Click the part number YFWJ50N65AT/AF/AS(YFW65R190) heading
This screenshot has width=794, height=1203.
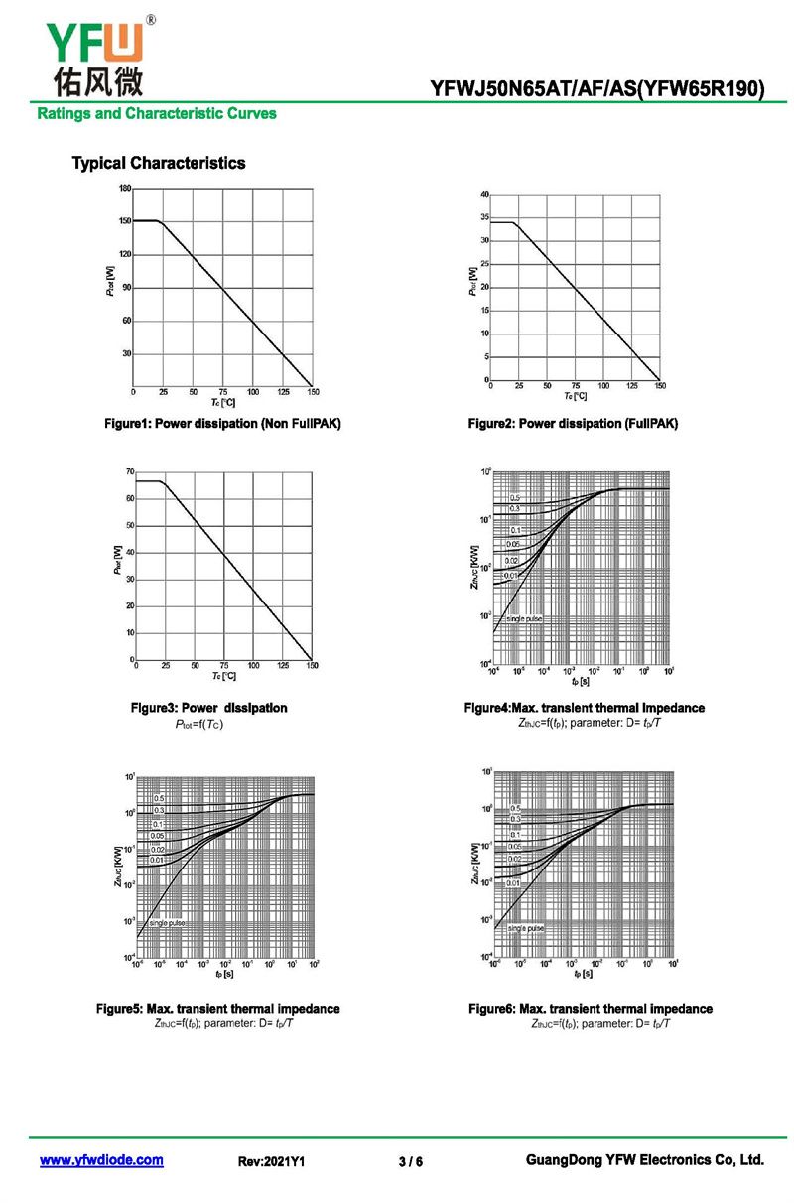coord(597,89)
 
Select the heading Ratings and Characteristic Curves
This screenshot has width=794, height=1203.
coord(157,113)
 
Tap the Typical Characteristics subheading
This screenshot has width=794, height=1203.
coord(158,163)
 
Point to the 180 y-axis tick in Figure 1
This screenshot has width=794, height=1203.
coord(125,188)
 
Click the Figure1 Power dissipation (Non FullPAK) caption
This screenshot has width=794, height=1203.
coord(223,424)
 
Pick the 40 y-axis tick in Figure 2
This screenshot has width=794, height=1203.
coord(484,193)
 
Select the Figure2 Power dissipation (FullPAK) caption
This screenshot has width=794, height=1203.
coord(573,424)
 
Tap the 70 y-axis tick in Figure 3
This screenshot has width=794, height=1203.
coord(129,471)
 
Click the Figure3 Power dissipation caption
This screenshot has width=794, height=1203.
coord(209,708)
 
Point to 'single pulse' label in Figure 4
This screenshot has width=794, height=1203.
coord(524,618)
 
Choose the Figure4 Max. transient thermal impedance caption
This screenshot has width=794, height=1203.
coord(584,708)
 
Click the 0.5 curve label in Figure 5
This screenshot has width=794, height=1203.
coord(159,798)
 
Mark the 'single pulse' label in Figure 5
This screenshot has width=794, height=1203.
coord(166,923)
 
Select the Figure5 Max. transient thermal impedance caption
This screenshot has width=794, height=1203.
coord(217,1008)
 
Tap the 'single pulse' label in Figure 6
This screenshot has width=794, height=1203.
coord(525,928)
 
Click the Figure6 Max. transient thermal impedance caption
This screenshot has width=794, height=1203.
coord(590,1008)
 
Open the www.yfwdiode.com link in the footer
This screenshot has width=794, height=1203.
coord(101,1160)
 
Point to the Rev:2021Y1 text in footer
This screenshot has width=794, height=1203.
coord(271,1161)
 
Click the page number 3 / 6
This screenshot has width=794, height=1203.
coord(410,1161)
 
